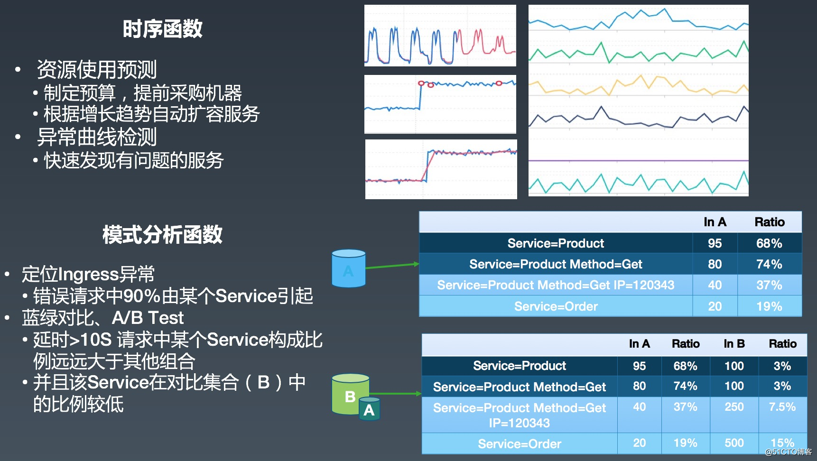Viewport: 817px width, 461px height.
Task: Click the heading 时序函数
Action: coord(162,29)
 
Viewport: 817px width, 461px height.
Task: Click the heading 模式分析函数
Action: coord(162,235)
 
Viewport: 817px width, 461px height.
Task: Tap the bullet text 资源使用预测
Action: coord(97,70)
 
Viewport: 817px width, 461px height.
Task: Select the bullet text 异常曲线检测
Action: coord(97,138)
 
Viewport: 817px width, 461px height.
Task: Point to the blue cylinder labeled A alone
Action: coord(349,268)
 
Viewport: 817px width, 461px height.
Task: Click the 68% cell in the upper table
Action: coord(769,243)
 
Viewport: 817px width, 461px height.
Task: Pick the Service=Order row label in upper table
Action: coord(556,306)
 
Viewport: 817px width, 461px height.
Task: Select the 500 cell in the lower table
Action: coord(734,443)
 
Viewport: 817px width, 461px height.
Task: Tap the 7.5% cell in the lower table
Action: coord(782,407)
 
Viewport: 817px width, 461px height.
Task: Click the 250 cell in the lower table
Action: coord(734,407)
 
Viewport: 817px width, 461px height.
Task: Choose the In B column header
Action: coord(734,344)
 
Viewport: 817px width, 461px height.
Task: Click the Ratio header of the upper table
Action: coord(770,222)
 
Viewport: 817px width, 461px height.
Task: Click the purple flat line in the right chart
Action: coord(638,161)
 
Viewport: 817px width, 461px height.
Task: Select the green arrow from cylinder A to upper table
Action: coord(392,266)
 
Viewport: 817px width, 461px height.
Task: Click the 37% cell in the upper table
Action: coord(769,285)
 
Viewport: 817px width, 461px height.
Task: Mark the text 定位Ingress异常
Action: coord(88,274)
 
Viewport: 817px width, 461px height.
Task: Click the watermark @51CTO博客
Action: coord(788,452)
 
